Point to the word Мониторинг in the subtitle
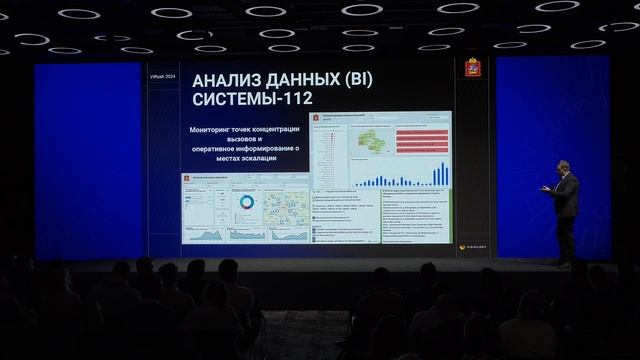(x=218, y=130)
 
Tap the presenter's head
(x=564, y=167)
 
